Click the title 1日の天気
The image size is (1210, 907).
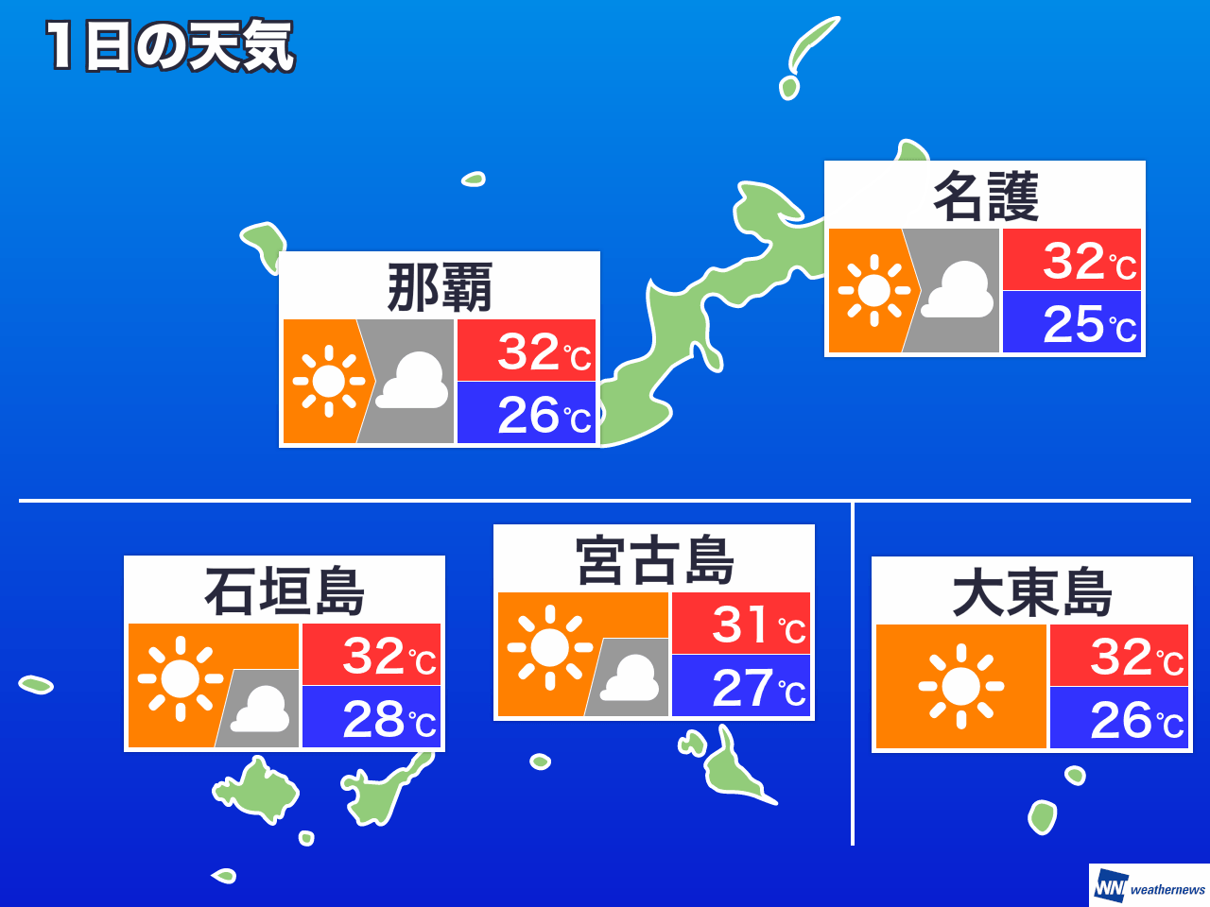tap(170, 47)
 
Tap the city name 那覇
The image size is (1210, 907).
tap(440, 287)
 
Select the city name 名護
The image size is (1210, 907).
tap(985, 197)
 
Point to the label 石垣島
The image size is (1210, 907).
tap(285, 591)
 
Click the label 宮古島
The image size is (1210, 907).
tap(654, 560)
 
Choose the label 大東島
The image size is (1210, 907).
tap(1032, 592)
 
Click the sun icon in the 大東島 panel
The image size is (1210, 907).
tap(961, 687)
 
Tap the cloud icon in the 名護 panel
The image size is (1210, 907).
tap(958, 291)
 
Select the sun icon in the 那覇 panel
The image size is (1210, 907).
tap(329, 382)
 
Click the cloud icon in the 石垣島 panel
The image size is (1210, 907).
tap(260, 710)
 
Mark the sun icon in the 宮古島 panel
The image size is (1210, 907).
tap(549, 648)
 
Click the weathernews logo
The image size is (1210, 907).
tap(1149, 887)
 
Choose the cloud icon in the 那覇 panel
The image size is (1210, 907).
tap(411, 382)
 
